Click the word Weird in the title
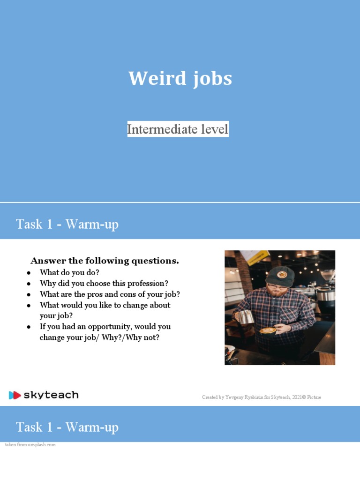click(x=151, y=79)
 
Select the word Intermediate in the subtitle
click(x=158, y=129)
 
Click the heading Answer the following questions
click(x=105, y=261)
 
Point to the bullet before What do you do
click(x=29, y=272)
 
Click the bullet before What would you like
click(x=29, y=305)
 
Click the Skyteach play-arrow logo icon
click(x=15, y=395)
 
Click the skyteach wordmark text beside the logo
click(x=51, y=395)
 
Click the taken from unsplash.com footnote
click(x=30, y=444)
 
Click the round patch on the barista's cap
click(x=282, y=274)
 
